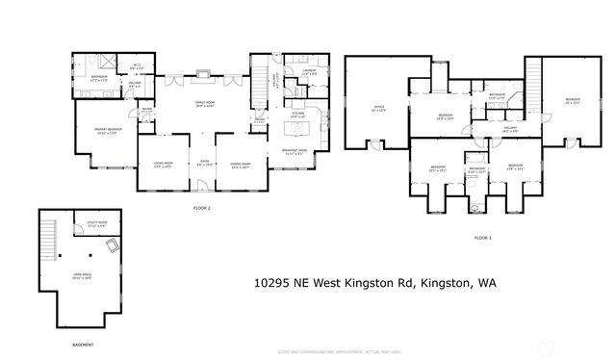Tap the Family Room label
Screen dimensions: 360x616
pos(204,104)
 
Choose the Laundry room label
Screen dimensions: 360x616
pos(310,72)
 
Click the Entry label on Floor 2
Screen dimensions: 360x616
pos(203,164)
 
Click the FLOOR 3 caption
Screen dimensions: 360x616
pos(481,237)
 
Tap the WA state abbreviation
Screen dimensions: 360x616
pos(498,284)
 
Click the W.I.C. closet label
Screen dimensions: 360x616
pos(110,66)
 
